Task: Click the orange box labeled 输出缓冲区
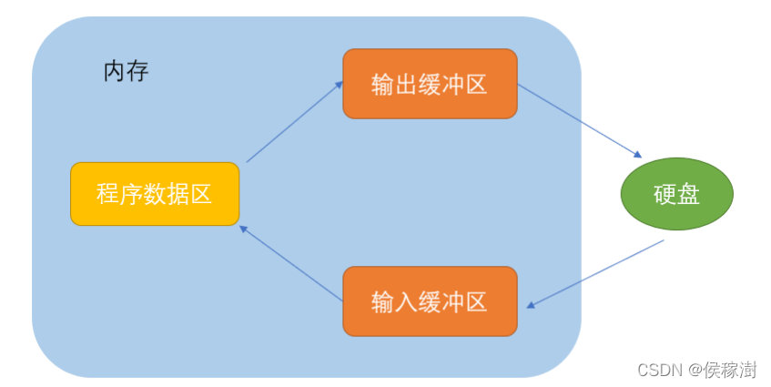pyautogui.click(x=430, y=84)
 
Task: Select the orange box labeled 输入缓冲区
pyautogui.click(x=430, y=301)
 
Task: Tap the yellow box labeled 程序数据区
pyautogui.click(x=155, y=194)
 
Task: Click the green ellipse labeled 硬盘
pyautogui.click(x=676, y=194)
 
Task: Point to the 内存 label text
pyautogui.click(x=126, y=72)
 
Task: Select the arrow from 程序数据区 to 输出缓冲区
pyautogui.click(x=295, y=121)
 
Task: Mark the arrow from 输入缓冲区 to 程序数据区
pyautogui.click(x=290, y=261)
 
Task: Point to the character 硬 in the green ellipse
pyautogui.click(x=664, y=194)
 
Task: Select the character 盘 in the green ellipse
pyautogui.click(x=688, y=194)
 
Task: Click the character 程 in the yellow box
pyautogui.click(x=108, y=194)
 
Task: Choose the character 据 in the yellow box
pyautogui.click(x=178, y=194)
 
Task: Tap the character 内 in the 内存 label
pyautogui.click(x=114, y=72)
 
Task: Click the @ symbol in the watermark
pyautogui.click(x=695, y=370)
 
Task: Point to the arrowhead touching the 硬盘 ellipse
pyautogui.click(x=639, y=156)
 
